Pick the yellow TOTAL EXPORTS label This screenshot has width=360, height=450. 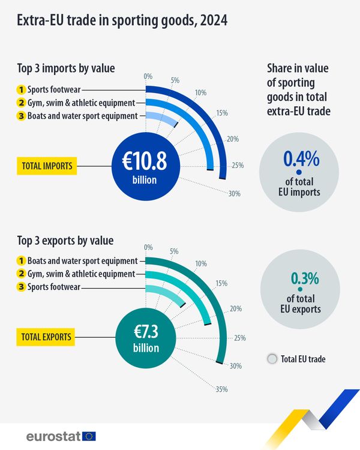point(47,337)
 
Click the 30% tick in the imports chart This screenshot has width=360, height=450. point(234,193)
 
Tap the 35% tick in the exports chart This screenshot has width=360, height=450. point(222,389)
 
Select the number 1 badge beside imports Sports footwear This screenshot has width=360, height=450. point(20,90)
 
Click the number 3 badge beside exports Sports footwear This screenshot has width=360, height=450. point(20,287)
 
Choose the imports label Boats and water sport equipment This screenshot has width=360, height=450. point(82,116)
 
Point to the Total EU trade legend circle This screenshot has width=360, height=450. point(271,359)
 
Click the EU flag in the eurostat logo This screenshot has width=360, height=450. point(89,436)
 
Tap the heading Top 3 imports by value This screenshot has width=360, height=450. point(66,67)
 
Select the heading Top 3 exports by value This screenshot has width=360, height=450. point(66,241)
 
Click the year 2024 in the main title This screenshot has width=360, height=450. point(214,21)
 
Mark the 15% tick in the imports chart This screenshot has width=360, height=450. point(222,113)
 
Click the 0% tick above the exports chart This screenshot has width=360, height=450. point(148,247)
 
